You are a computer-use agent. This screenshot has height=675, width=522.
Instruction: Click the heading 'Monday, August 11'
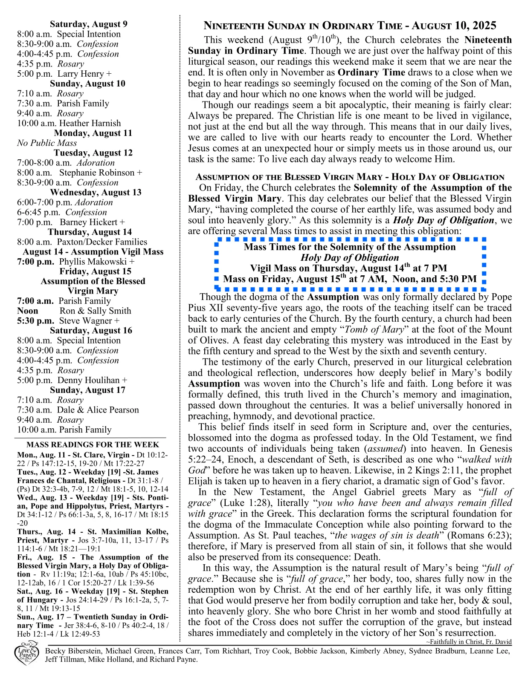(x=93, y=133)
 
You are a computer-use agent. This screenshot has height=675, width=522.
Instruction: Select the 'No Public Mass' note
(x=47, y=143)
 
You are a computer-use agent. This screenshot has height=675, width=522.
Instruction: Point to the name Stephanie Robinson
(x=97, y=173)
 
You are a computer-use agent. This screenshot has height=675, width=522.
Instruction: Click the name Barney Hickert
(x=88, y=222)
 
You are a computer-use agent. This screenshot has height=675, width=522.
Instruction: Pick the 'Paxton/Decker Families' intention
(x=102, y=242)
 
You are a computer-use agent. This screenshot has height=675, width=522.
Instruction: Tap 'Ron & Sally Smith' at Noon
(x=95, y=311)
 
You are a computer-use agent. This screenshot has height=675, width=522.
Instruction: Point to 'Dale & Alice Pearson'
(x=98, y=410)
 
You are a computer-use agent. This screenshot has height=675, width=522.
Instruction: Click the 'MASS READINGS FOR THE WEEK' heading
(x=93, y=444)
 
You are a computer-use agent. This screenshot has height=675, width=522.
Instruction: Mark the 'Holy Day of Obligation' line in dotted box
(x=350, y=258)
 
